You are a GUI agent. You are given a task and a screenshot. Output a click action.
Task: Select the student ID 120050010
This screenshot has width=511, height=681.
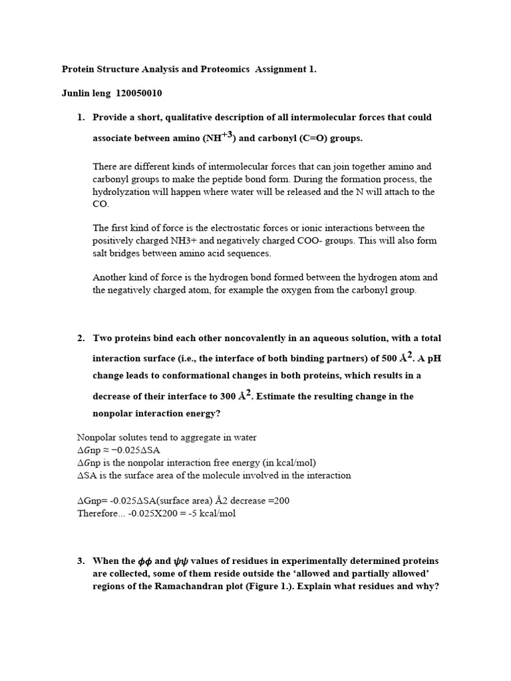point(139,93)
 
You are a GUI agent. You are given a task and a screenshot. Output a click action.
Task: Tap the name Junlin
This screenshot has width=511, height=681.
point(77,93)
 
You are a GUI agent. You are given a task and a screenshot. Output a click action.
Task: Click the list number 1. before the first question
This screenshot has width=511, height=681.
point(81,118)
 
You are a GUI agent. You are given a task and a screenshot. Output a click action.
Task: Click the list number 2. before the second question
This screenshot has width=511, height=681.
point(81,339)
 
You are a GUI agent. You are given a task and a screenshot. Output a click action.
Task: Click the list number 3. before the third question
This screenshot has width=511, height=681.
point(81,561)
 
